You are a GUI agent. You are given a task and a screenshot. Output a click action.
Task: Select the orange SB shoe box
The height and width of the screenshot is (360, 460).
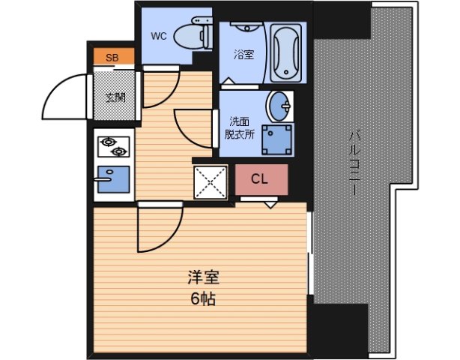(112, 57)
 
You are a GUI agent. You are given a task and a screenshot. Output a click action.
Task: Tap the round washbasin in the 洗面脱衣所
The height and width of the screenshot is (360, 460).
(281, 106)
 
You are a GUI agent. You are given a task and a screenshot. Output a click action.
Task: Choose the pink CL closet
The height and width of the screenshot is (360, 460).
(260, 179)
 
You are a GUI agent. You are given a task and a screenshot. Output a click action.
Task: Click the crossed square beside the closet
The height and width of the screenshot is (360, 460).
(211, 181)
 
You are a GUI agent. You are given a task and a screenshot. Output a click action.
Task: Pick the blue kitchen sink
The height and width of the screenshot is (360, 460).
(112, 180)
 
